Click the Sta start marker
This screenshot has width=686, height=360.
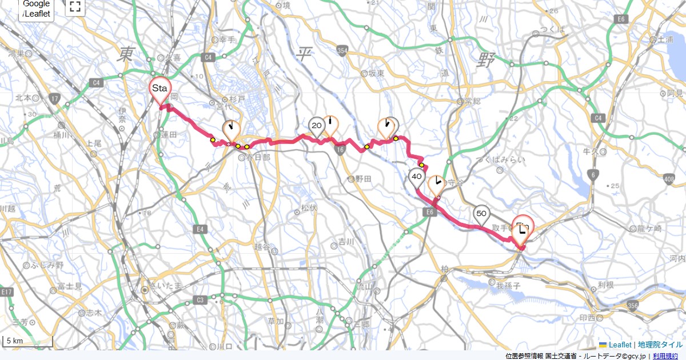pos(159,89)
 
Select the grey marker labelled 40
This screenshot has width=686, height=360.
pos(416,177)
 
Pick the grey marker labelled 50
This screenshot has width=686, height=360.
pos(481,214)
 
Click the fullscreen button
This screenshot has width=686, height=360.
pos(75,7)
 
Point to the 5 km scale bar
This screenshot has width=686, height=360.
pos(27,342)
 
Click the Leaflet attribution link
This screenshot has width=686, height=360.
pos(620,345)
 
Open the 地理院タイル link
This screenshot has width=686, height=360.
pos(660,345)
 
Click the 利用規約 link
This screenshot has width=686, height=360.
pos(666,356)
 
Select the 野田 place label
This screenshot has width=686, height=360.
pos(364,179)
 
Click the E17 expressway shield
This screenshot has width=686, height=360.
pos(6,292)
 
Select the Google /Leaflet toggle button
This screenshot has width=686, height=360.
pos(37,10)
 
